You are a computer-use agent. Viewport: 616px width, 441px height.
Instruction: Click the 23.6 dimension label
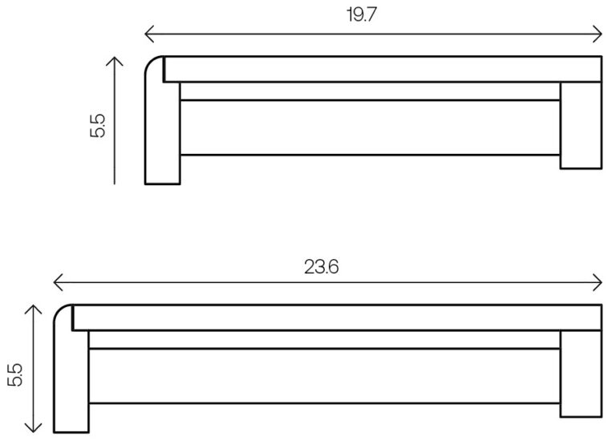(322, 267)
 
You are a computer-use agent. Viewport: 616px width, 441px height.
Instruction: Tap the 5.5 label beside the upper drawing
(98, 126)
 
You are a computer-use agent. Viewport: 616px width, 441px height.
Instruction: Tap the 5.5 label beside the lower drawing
(14, 374)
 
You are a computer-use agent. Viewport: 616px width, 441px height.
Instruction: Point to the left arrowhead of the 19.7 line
(148, 34)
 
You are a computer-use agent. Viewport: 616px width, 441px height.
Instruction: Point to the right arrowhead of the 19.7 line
(598, 34)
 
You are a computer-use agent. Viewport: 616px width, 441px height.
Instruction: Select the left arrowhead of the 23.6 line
(56, 282)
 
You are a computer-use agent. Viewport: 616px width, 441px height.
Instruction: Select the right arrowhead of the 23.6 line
(598, 282)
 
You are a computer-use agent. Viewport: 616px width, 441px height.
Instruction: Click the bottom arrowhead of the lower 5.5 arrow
(32, 429)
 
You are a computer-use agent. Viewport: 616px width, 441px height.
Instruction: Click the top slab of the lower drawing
(337, 317)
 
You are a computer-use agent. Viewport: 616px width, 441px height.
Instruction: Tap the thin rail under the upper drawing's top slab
(370, 91)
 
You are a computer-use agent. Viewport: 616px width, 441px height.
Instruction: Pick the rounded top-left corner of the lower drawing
(60, 311)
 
